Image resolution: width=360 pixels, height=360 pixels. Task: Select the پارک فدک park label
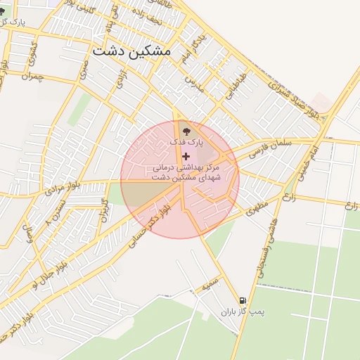tap(186, 142)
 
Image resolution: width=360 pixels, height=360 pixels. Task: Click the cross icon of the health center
tap(186, 155)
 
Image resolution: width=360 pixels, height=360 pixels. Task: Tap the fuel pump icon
tap(243, 299)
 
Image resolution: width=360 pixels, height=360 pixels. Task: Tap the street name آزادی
tap(120, 87)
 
